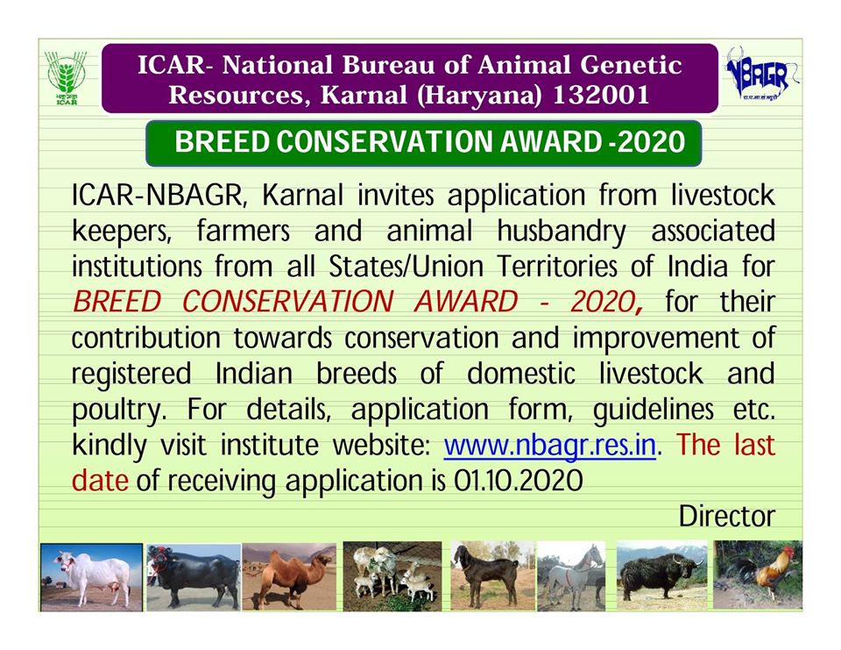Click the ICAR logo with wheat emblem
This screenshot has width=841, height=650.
pyautogui.click(x=66, y=77)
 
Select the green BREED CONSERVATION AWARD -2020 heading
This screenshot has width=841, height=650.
pyautogui.click(x=424, y=143)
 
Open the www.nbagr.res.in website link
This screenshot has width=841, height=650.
pyautogui.click(x=550, y=445)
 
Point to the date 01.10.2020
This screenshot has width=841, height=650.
pyautogui.click(x=519, y=480)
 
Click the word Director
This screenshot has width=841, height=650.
pyautogui.click(x=727, y=516)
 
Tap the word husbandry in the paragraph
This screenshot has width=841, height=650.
pyautogui.click(x=561, y=232)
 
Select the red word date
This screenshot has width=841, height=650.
pyautogui.click(x=100, y=480)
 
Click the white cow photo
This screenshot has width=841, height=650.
pyautogui.click(x=92, y=577)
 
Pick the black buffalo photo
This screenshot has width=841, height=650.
pyautogui.click(x=193, y=577)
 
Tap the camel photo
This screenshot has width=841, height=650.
pyautogui.click(x=289, y=577)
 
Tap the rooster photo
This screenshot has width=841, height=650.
pyautogui.click(x=758, y=575)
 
